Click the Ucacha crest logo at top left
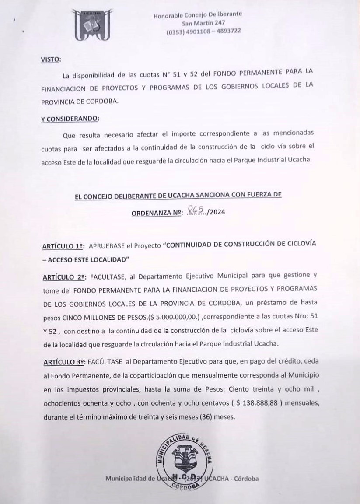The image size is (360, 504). coord(91,25)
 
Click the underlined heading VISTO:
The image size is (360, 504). coord(51,59)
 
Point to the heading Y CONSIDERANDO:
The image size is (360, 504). coord(70,118)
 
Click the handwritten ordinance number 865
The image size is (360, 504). coord(196,211)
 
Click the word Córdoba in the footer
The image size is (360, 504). coord(246,478)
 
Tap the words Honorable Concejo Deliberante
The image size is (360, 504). coord(198,15)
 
